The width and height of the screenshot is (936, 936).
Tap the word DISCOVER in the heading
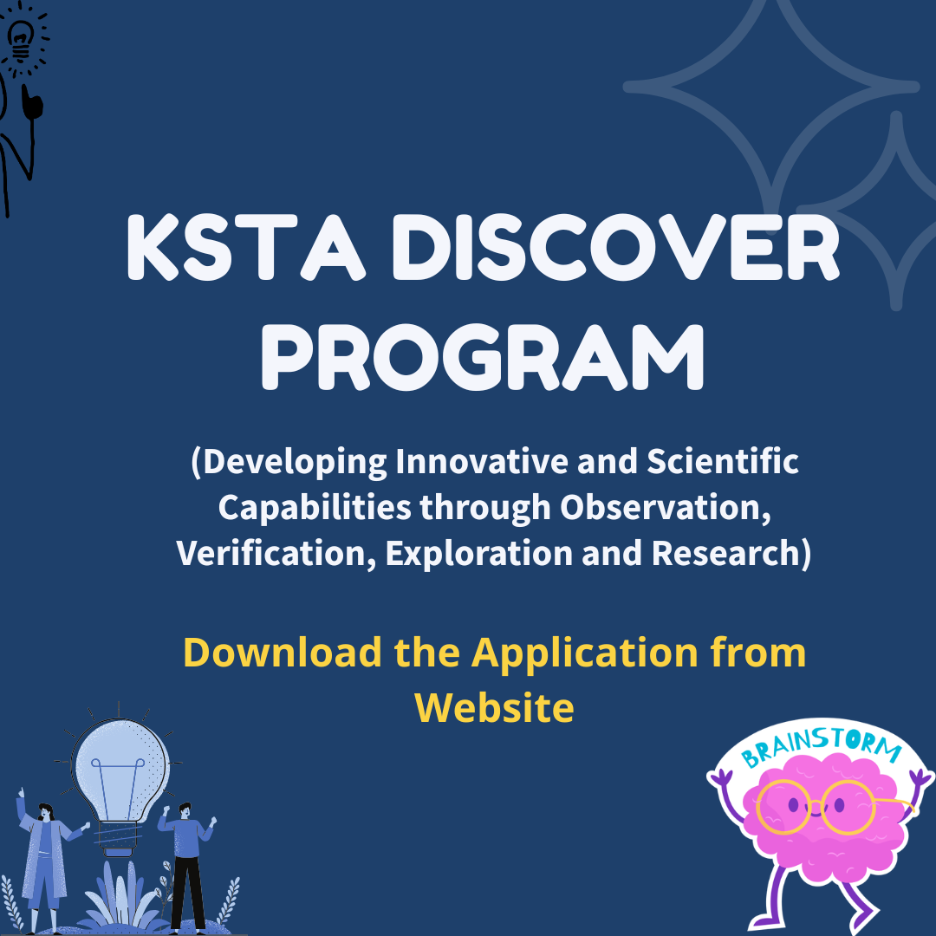(616, 246)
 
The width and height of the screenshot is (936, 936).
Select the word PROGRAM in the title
(483, 357)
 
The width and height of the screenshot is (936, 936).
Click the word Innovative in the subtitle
(482, 461)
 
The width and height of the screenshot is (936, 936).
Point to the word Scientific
(722, 461)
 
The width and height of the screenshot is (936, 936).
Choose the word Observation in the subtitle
(665, 508)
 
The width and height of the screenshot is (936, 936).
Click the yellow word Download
(283, 652)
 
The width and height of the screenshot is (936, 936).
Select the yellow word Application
(584, 653)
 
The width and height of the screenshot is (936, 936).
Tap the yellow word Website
(494, 707)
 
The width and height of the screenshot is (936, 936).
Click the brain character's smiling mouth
(815, 811)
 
